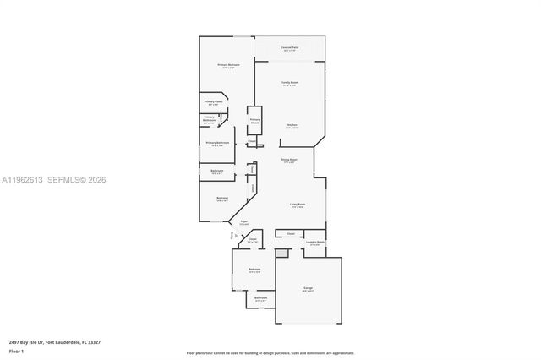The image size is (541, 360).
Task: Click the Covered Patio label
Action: click(289, 48)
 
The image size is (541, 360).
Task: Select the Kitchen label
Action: click(291, 125)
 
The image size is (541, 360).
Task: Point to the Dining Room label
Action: click(287, 160)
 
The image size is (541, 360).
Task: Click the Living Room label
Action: click(298, 205)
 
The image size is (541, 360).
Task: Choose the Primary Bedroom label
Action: click(228, 65)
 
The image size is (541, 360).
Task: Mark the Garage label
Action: click(309, 289)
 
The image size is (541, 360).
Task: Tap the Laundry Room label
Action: click(315, 243)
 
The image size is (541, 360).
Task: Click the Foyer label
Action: click(243, 222)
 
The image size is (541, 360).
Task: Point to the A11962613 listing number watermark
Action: click(24, 180)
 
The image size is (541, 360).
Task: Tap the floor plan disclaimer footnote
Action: click(270, 352)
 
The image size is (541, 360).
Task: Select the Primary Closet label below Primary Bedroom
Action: click(213, 102)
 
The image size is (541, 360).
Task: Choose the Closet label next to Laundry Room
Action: click(290, 233)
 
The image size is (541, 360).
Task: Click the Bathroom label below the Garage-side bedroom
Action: click(260, 298)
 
